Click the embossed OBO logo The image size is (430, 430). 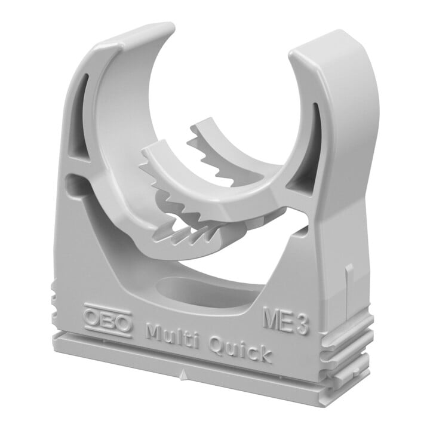108,319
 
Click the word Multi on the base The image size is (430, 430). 174,335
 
